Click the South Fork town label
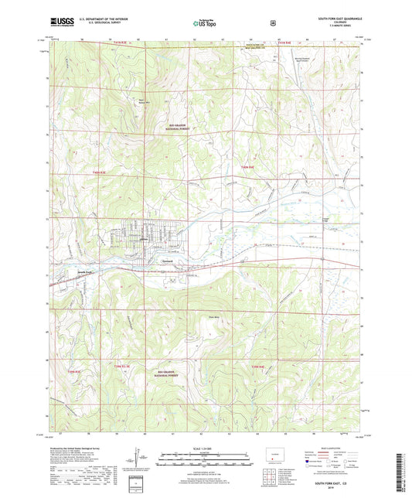63,274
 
